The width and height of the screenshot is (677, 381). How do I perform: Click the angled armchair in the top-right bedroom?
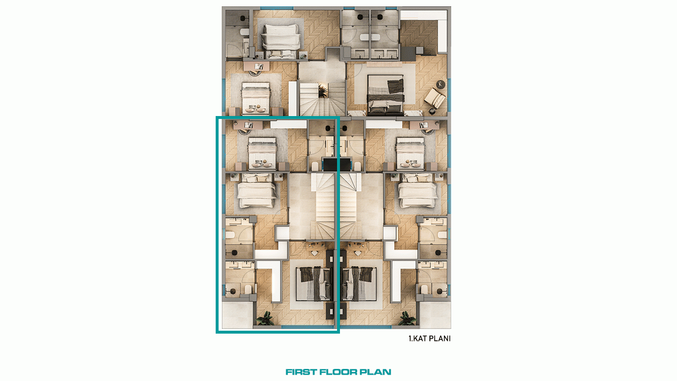434,98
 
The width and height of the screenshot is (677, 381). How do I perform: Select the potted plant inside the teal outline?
265,319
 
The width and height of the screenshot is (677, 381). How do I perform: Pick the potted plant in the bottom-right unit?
407,319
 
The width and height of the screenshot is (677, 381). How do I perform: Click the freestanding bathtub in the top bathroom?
370,37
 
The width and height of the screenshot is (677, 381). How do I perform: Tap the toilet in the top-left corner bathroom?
244,32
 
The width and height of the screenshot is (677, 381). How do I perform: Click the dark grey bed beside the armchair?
386,95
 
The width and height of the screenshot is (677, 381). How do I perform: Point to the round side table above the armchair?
441,84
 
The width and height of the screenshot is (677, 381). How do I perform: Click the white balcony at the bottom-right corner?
435,315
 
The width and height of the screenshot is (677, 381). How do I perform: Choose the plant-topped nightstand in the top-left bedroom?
303,55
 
